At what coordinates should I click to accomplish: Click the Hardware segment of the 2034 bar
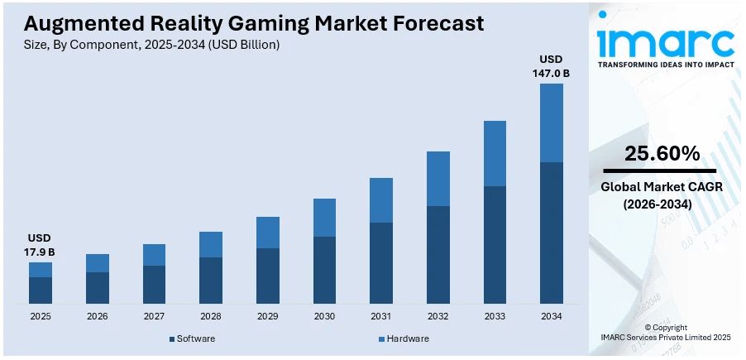click(551, 122)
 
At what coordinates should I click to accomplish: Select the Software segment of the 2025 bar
click(41, 290)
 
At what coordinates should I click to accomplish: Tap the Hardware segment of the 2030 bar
click(324, 218)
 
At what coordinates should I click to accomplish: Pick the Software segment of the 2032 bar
click(438, 254)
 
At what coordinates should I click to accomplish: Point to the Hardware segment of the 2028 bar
click(211, 244)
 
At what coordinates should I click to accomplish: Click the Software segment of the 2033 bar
click(495, 244)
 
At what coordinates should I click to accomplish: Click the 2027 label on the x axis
click(154, 317)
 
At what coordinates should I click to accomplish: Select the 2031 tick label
click(380, 317)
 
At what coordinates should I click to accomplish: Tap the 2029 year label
click(267, 317)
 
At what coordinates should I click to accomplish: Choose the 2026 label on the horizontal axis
click(98, 317)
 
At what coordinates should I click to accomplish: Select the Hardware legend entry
click(404, 338)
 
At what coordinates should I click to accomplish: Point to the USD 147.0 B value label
click(551, 66)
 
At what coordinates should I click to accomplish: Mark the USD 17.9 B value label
click(40, 245)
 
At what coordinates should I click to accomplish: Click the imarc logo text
click(665, 41)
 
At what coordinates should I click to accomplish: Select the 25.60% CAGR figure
click(662, 153)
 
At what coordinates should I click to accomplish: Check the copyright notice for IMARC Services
click(665, 333)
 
